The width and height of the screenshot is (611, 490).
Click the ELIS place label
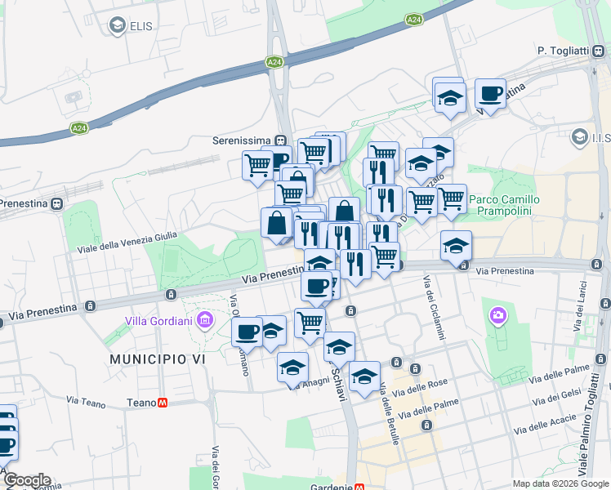tap(141, 25)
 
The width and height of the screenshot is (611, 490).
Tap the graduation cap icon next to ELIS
tap(117, 26)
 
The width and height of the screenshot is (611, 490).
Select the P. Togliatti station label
tap(563, 51)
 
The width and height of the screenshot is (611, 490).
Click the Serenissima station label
tap(242, 140)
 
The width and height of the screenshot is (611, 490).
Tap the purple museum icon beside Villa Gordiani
tap(203, 318)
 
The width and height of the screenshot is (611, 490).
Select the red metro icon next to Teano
tap(163, 403)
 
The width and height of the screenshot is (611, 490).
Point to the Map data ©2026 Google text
tap(560, 483)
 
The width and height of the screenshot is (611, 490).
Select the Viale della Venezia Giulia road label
tap(127, 242)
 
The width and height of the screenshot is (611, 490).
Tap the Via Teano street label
tap(86, 402)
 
